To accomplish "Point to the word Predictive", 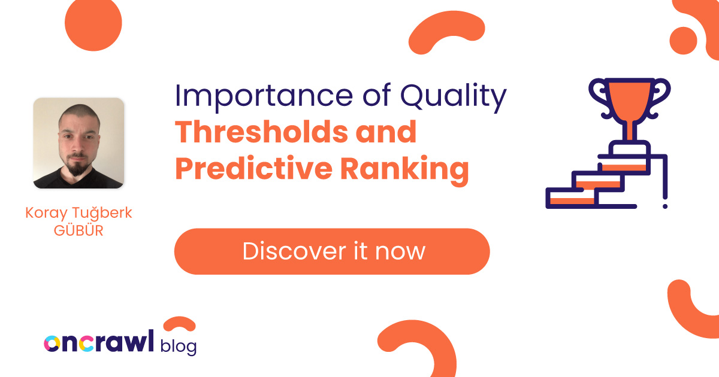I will (x=253, y=168).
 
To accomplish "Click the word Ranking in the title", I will (x=405, y=169).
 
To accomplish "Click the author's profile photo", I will (x=78, y=143).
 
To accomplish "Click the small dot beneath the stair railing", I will (x=665, y=206).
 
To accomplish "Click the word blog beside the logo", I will (x=179, y=345).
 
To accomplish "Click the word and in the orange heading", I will (x=389, y=132).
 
